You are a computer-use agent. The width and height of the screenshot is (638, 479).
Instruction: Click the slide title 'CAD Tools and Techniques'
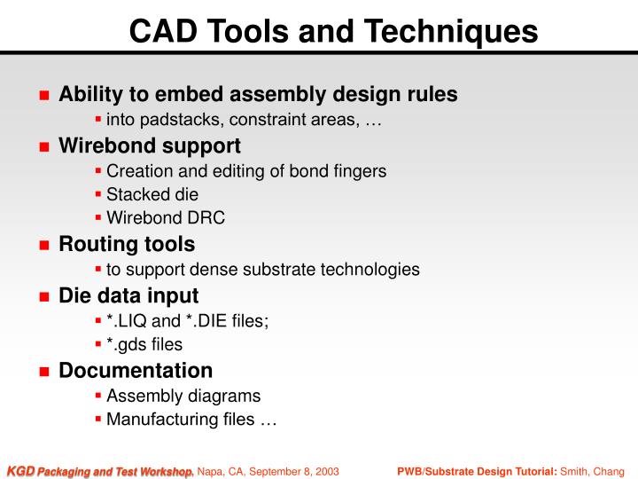(333, 31)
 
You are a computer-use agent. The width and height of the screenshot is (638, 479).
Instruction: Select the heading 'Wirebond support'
(149, 145)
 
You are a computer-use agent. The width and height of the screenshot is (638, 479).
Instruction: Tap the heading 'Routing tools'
(127, 243)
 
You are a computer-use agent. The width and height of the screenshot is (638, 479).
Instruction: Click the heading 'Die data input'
(128, 295)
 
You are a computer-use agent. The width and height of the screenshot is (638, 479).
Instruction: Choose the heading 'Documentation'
(136, 370)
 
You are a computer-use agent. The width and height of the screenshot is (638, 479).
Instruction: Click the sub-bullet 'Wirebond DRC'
(166, 218)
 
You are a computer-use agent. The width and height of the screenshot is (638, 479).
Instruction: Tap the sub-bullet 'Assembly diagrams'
(183, 396)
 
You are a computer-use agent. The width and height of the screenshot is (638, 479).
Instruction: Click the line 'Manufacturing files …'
(191, 420)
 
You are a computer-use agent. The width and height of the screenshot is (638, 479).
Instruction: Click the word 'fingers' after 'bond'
(361, 171)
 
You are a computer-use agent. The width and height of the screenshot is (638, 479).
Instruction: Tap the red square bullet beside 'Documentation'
(43, 372)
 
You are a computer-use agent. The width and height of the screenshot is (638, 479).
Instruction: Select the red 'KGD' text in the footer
(20, 470)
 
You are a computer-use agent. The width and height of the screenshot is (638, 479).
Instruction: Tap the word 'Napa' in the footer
(212, 470)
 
